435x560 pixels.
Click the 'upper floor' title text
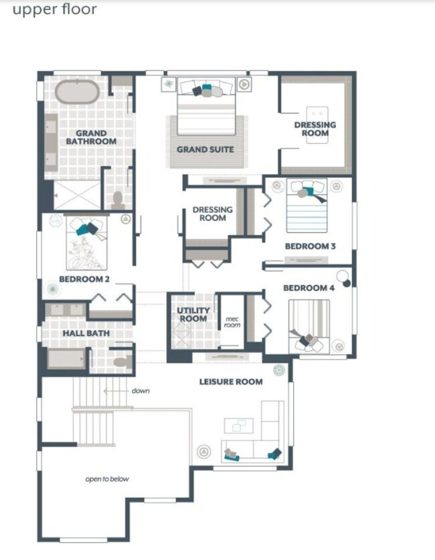click(54, 9)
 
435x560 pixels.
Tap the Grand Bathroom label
click(91, 137)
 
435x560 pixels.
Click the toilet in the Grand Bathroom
click(118, 199)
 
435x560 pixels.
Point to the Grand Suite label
click(205, 149)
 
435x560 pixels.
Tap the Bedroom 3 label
click(310, 246)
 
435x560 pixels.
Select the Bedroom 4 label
click(309, 288)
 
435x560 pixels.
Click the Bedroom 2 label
click(84, 279)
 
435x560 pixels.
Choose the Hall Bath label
click(86, 333)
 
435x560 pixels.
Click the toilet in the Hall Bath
click(121, 362)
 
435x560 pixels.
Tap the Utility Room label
click(193, 314)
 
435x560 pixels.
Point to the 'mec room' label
click(232, 322)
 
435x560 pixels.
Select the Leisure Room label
click(231, 381)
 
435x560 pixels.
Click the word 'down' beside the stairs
click(140, 391)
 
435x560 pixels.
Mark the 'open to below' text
click(107, 479)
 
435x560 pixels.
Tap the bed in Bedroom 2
click(87, 244)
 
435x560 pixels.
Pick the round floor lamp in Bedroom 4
click(343, 276)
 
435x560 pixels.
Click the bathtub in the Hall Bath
click(66, 358)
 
